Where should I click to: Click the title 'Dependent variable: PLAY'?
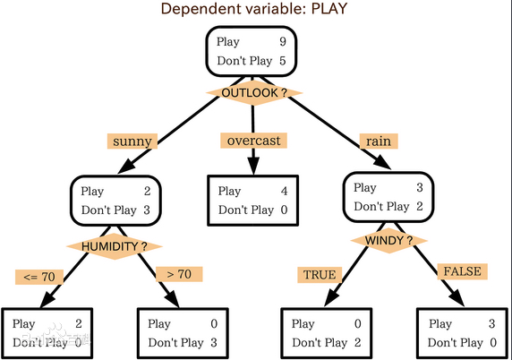(x=253, y=8)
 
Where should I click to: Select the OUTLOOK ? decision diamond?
(x=254, y=93)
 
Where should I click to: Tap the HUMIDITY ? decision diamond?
(x=115, y=246)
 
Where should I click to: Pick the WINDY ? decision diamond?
(x=388, y=241)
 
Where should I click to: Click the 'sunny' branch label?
(x=132, y=141)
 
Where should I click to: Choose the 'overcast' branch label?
(x=253, y=141)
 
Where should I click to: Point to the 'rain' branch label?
(x=379, y=141)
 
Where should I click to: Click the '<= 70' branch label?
(x=39, y=277)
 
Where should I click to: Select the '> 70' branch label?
(x=179, y=274)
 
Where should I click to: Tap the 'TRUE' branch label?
(x=320, y=275)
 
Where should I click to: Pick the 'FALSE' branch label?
(x=463, y=271)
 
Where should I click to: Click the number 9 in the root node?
(x=283, y=41)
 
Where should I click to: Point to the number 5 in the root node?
(x=283, y=60)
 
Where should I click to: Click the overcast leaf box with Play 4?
(x=253, y=201)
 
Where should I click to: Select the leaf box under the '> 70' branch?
(x=183, y=333)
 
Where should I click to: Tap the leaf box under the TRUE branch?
(x=327, y=333)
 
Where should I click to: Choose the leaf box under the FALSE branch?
(x=463, y=333)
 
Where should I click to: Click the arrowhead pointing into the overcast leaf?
(x=253, y=166)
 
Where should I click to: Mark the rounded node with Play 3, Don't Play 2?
(x=388, y=197)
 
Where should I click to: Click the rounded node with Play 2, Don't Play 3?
(x=115, y=201)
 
